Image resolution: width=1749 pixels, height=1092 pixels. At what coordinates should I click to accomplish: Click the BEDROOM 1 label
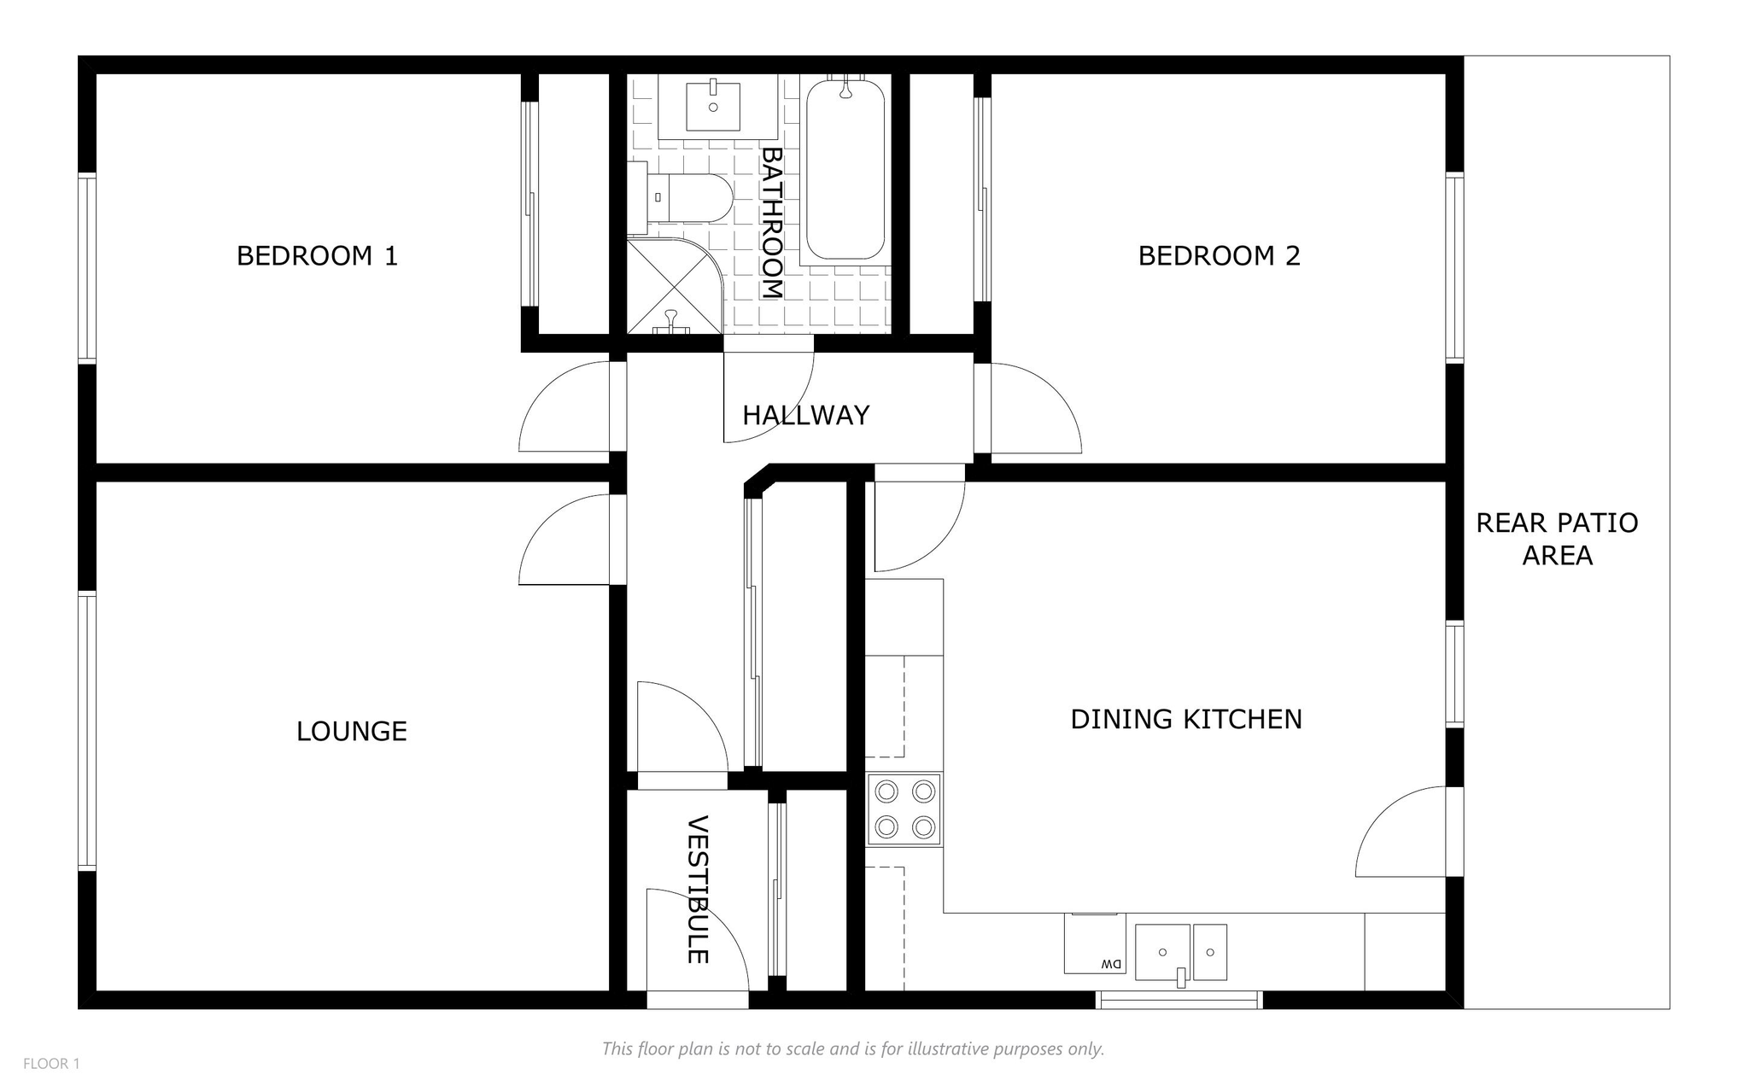pos(317,255)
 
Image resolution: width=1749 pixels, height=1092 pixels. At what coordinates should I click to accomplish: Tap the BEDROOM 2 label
pos(1219,255)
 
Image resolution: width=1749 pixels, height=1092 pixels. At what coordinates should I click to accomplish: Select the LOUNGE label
pos(351,731)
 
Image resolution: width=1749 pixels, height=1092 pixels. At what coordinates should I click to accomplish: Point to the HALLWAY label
pos(805,415)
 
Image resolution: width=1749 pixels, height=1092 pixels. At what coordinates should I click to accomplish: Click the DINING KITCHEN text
pos(1186,719)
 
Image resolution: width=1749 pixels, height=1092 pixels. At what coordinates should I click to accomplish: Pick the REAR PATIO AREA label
pos(1557,539)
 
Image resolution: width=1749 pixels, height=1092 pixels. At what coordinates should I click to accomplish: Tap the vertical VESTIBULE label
pos(698,890)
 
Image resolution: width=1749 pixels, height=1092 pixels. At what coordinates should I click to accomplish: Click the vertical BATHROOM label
pos(772,223)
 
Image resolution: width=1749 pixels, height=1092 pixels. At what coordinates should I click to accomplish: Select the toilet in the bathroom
pos(681,198)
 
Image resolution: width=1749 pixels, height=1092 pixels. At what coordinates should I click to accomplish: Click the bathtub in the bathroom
pos(845,169)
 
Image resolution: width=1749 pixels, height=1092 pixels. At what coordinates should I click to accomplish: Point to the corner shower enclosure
pos(675,286)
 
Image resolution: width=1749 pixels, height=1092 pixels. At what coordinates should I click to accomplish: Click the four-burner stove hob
pos(904,809)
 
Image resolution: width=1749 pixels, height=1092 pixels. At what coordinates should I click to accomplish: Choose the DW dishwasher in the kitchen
pos(1095,943)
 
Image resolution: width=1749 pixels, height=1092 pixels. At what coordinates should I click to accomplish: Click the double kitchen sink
pos(1180,952)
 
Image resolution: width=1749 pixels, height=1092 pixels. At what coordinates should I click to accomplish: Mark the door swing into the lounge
pos(564,540)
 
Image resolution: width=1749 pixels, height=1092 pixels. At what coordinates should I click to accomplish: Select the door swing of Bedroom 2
pos(1036,408)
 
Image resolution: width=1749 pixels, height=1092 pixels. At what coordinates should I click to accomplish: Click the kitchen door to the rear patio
pos(1401,832)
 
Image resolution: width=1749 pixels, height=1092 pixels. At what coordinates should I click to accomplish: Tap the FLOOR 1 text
pos(51,1064)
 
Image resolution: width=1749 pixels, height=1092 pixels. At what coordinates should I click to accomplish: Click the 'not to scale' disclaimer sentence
pos(853,1048)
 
